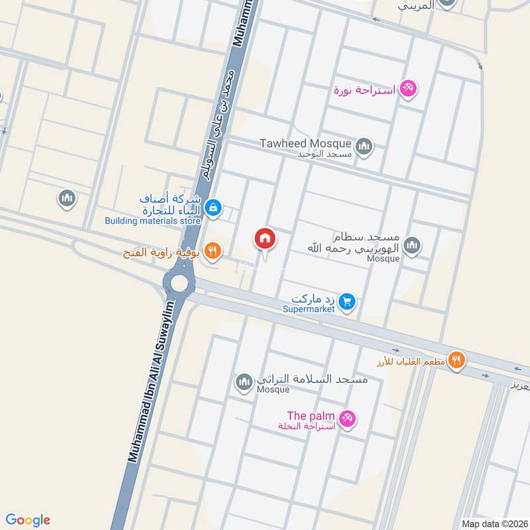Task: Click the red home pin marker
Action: click(265, 238)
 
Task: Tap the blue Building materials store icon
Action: click(213, 207)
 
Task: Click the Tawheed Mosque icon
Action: click(364, 146)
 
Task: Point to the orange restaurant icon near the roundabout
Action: click(213, 250)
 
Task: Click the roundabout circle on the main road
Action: click(179, 283)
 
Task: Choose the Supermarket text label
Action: click(311, 309)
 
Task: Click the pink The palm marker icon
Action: click(346, 419)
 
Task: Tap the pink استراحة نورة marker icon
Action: click(409, 88)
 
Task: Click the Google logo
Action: click(27, 520)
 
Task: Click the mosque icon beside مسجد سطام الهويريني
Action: click(412, 246)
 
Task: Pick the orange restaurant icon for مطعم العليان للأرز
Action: click(456, 360)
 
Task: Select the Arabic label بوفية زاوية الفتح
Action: click(162, 252)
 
